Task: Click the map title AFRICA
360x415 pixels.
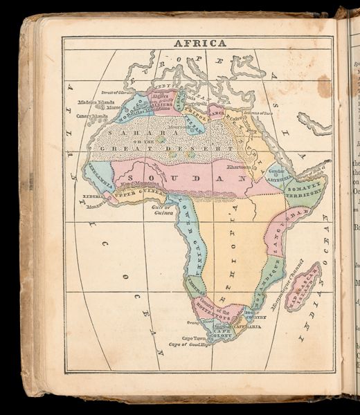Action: tap(199, 43)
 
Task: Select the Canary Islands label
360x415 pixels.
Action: tap(92, 116)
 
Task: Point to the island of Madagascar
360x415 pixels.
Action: tap(302, 286)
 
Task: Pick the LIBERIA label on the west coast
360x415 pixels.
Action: tap(93, 196)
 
